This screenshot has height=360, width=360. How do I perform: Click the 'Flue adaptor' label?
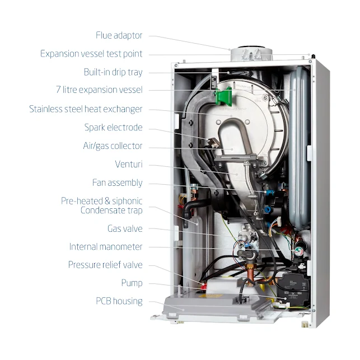click(119, 35)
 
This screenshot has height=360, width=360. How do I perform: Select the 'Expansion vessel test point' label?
click(91, 54)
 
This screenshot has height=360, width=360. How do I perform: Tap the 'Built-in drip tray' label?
click(113, 72)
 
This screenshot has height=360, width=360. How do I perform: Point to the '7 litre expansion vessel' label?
click(99, 90)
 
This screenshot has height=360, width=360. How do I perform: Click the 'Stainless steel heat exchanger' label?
click(86, 109)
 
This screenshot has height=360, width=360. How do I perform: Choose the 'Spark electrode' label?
click(113, 127)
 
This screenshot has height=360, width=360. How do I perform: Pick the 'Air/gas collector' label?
click(113, 146)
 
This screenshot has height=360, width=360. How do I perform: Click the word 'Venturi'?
click(128, 164)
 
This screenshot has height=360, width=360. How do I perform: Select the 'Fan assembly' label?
click(117, 183)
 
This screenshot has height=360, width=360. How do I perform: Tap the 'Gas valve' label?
click(125, 228)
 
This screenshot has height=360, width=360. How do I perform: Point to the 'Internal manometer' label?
click(106, 246)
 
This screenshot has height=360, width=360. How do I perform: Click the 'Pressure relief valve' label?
click(105, 265)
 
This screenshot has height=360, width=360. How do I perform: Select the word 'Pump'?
click(132, 283)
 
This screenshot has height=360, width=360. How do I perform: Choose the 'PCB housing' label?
click(119, 301)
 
